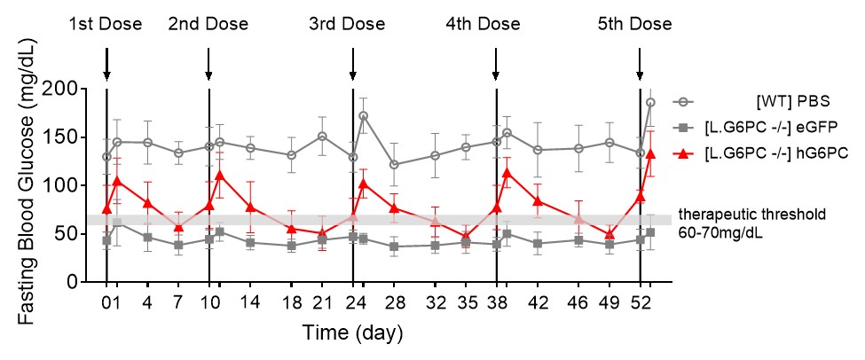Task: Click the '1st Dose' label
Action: click(x=106, y=24)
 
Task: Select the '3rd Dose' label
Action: click(x=352, y=24)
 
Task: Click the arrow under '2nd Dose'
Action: click(x=208, y=64)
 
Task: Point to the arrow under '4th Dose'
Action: click(x=496, y=64)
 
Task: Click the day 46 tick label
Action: click(x=578, y=301)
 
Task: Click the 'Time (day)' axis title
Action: click(x=353, y=333)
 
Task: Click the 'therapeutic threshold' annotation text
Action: click(x=751, y=214)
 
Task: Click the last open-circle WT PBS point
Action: click(x=650, y=102)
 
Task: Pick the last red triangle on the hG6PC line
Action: click(x=650, y=153)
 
